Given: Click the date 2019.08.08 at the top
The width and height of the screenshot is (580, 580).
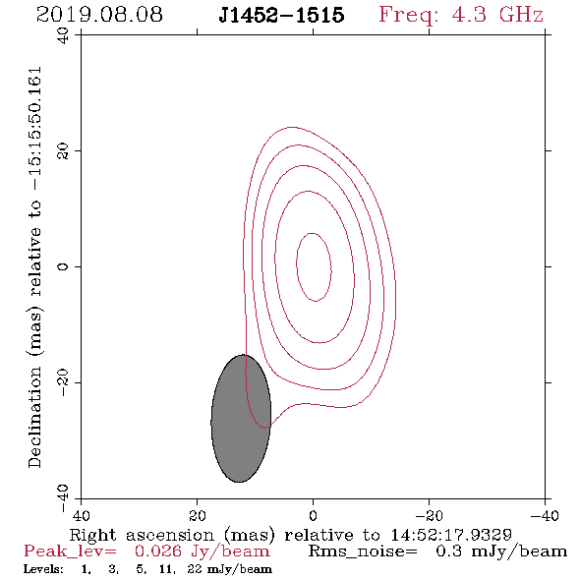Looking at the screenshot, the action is (99, 15).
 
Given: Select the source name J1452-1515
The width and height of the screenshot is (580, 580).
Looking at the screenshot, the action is (281, 15).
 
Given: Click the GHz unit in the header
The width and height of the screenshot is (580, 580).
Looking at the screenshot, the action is (521, 15).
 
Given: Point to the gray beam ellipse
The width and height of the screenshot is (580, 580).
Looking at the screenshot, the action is (241, 419).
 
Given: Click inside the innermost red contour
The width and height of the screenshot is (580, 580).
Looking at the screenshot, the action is (314, 267).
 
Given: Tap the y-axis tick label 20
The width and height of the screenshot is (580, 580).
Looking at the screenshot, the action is (63, 151).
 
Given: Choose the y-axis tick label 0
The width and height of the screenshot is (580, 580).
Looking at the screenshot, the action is (63, 266).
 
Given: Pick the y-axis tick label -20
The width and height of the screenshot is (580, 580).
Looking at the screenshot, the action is (63, 382).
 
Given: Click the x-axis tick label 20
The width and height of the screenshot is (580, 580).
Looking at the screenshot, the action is (197, 516).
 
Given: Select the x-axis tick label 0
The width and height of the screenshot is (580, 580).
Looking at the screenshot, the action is (313, 516).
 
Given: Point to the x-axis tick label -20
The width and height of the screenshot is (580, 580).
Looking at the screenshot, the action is (429, 516).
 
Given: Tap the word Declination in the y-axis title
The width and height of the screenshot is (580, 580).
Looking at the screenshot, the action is (34, 417).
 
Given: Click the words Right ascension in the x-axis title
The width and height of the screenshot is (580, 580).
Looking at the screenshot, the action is (142, 535).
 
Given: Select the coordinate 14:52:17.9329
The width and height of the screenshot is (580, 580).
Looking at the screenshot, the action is (451, 535).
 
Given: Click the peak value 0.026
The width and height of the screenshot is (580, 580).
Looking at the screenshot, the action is (158, 551).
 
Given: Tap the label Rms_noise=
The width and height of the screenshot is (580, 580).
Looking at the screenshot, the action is (363, 551).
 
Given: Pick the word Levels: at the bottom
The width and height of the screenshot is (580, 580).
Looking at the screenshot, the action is (43, 569).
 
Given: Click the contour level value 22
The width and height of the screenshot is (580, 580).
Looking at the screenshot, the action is (195, 569).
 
